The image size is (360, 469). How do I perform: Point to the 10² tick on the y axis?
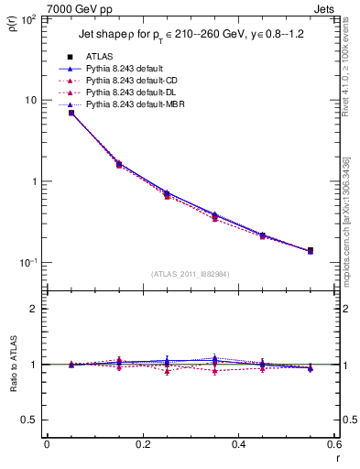28,19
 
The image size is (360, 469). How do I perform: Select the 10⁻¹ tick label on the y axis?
28,263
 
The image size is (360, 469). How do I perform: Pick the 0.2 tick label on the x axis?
142,445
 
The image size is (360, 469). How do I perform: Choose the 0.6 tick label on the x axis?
333,445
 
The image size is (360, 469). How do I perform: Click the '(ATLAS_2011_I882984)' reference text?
190,274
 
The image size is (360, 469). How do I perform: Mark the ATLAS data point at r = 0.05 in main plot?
71,113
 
